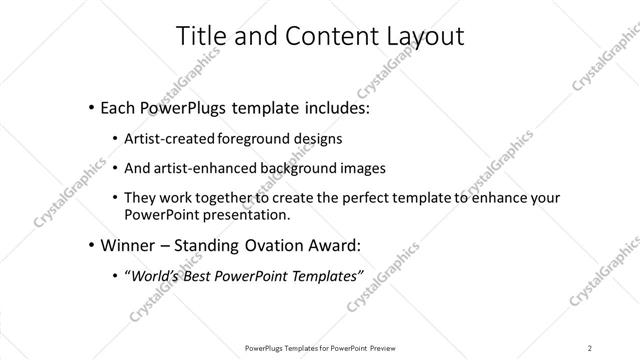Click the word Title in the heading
click(201, 37)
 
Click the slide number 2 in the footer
click(590, 347)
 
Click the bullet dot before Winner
click(92, 245)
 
